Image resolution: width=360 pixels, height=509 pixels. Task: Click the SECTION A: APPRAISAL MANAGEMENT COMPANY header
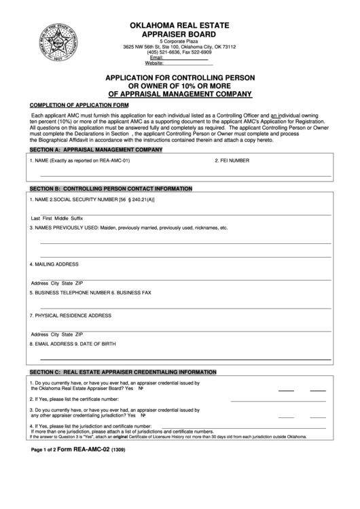click(x=96, y=148)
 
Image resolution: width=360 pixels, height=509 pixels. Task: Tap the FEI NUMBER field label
click(x=232, y=161)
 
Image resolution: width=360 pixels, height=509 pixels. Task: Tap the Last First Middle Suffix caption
click(x=57, y=217)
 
